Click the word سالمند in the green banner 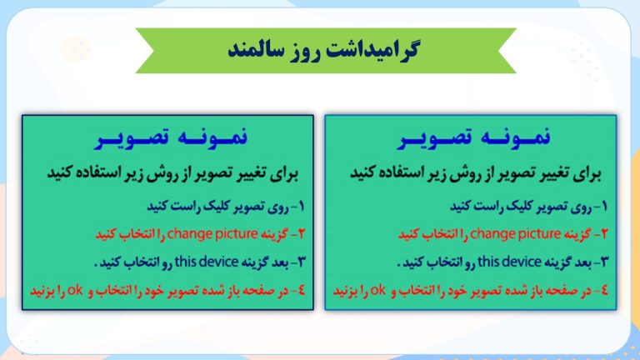(251, 50)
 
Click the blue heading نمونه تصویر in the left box (172, 137)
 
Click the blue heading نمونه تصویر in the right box (475, 137)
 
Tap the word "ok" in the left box (75, 290)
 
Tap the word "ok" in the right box (377, 290)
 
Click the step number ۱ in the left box (302, 206)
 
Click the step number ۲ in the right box (604, 234)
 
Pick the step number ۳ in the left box (302, 262)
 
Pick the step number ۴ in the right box (604, 290)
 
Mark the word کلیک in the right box (519, 206)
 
